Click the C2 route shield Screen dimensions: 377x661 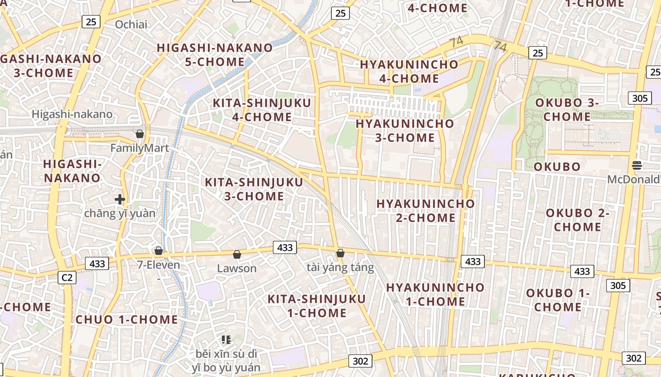click(x=67, y=278)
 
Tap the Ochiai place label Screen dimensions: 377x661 click(x=131, y=25)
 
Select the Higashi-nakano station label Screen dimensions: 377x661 click(x=72, y=114)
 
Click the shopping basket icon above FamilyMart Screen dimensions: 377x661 click(x=140, y=134)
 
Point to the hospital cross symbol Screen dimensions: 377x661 click(x=120, y=199)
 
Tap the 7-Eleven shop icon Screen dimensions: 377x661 click(x=159, y=250)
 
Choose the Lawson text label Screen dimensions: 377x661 click(x=237, y=269)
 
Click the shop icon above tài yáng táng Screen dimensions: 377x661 click(x=340, y=253)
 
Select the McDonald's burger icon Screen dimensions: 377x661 click(x=637, y=165)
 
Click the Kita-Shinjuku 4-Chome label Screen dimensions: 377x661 click(x=262, y=110)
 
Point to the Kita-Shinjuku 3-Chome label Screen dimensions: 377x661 click(x=254, y=189)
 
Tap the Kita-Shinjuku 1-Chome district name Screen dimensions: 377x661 click(x=317, y=306)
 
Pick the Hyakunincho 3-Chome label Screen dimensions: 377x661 click(x=405, y=131)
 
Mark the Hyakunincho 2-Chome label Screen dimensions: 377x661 click(x=425, y=211)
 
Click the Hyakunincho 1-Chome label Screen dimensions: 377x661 click(x=435, y=294)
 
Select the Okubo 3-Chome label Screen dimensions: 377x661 click(x=567, y=109)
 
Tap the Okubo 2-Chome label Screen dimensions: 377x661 click(x=577, y=220)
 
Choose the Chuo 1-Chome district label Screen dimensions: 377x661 click(x=127, y=320)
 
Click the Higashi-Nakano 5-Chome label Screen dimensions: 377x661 click(x=215, y=55)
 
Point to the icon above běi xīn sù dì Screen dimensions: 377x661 click(x=226, y=339)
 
